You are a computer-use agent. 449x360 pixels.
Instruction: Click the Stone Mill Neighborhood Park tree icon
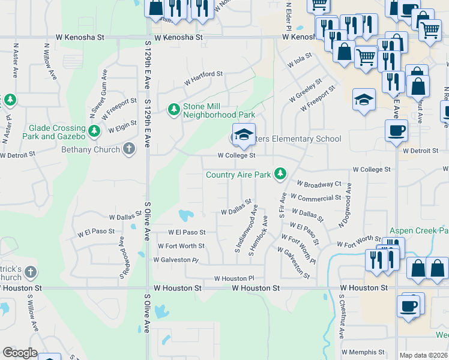(x=174, y=109)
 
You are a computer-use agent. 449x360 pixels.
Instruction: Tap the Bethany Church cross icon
(x=128, y=149)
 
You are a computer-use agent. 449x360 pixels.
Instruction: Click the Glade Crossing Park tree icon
(x=94, y=131)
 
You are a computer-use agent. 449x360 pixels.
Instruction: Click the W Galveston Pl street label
(x=176, y=260)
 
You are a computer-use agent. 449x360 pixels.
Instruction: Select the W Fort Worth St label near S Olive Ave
(x=181, y=246)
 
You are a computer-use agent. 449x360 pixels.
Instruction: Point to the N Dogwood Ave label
(x=345, y=209)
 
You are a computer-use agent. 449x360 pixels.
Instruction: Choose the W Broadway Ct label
(x=319, y=183)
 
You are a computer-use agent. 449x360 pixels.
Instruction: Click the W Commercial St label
(x=315, y=197)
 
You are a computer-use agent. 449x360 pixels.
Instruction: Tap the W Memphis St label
(x=363, y=352)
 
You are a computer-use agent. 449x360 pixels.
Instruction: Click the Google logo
(x=20, y=352)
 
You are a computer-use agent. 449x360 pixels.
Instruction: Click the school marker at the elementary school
(x=244, y=136)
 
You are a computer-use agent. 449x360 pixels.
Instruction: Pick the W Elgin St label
(x=122, y=127)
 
